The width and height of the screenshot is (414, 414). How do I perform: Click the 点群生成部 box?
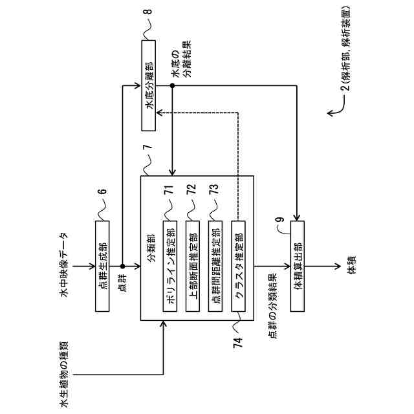coord(103,266)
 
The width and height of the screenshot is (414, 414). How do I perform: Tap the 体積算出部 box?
coord(297,266)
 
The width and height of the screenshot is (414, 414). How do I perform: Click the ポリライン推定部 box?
coord(169,266)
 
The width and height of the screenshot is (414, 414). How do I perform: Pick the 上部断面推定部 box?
coord(193,266)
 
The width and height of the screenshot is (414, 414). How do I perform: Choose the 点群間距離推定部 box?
coord(215,266)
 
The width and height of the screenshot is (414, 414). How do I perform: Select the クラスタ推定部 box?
coord(239,266)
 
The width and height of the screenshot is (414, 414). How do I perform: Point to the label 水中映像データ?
coord(65,266)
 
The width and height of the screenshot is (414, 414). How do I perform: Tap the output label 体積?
coord(351,266)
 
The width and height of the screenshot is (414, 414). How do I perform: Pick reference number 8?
coord(149,12)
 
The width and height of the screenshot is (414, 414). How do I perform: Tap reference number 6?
coord(103,191)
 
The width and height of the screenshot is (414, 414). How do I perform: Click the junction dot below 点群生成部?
coord(122,266)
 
